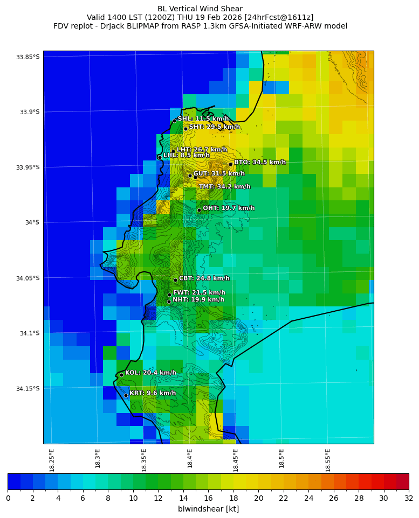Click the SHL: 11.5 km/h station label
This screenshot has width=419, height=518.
pyautogui.click(x=203, y=119)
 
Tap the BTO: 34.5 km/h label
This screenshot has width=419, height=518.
pyautogui.click(x=259, y=162)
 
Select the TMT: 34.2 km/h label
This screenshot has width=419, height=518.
pyautogui.click(x=224, y=187)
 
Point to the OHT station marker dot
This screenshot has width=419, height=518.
pyautogui.click(x=199, y=210)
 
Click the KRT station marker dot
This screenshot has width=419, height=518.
pyautogui.click(x=126, y=395)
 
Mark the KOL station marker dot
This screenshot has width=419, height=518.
pyautogui.click(x=121, y=375)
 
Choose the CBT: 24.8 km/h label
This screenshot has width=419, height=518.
pyautogui.click(x=204, y=278)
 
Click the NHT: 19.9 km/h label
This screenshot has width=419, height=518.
pyautogui.click(x=198, y=300)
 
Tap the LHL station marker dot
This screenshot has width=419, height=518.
pyautogui.click(x=160, y=157)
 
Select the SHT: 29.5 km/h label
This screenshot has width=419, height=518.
pyautogui.click(x=214, y=127)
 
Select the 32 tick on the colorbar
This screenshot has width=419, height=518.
pyautogui.click(x=408, y=498)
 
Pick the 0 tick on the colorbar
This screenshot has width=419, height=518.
pyautogui.click(x=8, y=498)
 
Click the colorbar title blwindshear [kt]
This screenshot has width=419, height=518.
pyautogui.click(x=208, y=509)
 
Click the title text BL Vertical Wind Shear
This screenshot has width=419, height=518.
pyautogui.click(x=200, y=9)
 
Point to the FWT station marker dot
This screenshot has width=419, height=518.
pyautogui.click(x=169, y=295)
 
